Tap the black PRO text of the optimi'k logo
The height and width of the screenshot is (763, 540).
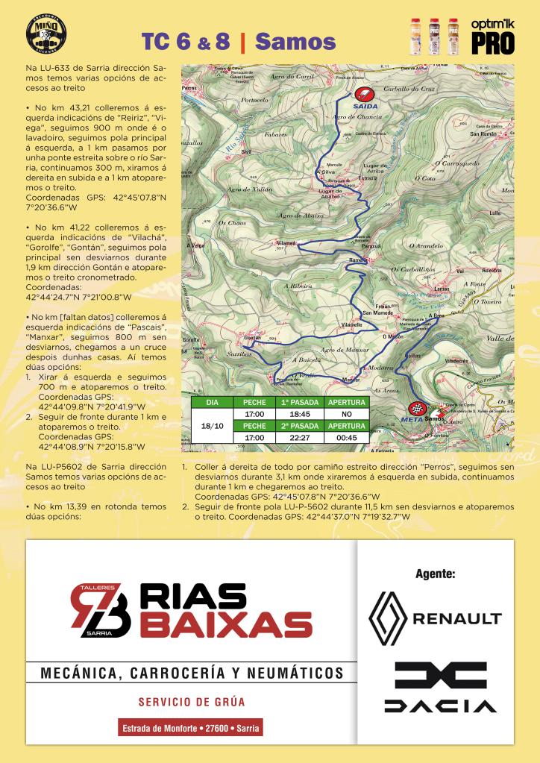(x=492, y=44)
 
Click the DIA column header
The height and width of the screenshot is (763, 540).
(x=212, y=402)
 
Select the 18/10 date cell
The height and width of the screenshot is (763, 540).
(x=212, y=425)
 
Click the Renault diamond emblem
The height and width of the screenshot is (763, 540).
(x=389, y=618)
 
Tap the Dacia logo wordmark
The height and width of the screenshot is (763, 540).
(x=440, y=705)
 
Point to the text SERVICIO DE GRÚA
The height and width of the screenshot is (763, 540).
(x=192, y=702)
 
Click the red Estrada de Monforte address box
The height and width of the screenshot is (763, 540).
(x=191, y=727)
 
